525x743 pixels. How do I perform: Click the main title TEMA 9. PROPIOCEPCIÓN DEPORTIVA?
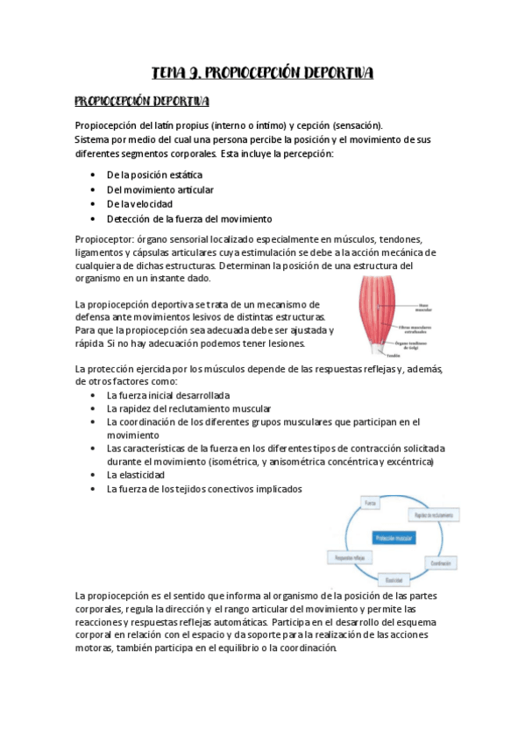[x=263, y=73]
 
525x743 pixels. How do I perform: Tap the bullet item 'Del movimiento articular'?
[x=160, y=189]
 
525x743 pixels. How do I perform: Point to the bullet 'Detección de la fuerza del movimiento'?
[x=189, y=219]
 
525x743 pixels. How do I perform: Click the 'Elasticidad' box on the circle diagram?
[x=394, y=580]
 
